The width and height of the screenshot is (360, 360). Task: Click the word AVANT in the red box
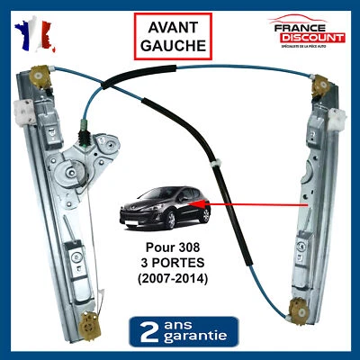175,27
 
